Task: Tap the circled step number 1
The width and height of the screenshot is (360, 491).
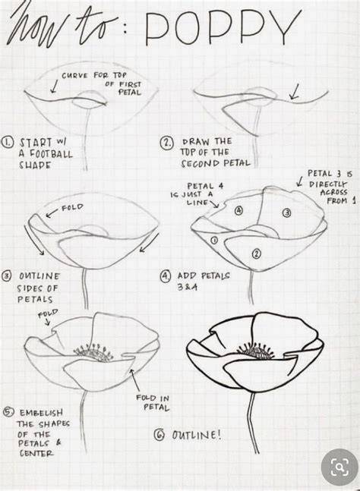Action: pyautogui.click(x=8, y=143)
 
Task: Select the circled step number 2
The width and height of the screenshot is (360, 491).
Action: pyautogui.click(x=166, y=143)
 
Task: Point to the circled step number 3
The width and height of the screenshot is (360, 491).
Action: pyautogui.click(x=7, y=276)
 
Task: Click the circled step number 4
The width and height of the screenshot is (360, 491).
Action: pyautogui.click(x=166, y=276)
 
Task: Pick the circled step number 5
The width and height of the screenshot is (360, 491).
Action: pyautogui.click(x=8, y=412)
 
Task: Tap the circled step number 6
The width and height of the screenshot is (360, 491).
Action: pyautogui.click(x=159, y=435)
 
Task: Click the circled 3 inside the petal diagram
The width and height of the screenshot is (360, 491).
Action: pyautogui.click(x=287, y=213)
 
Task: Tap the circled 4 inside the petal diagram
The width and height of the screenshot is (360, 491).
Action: pyautogui.click(x=238, y=210)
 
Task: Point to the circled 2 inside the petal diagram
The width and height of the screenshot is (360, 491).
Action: pyautogui.click(x=256, y=253)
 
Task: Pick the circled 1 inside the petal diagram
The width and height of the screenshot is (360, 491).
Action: pyautogui.click(x=214, y=240)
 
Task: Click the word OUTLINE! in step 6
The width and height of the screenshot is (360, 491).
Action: pyautogui.click(x=197, y=435)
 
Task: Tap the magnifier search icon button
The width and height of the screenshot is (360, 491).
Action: pyautogui.click(x=339, y=467)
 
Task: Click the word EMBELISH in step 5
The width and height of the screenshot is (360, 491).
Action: pyautogui.click(x=41, y=413)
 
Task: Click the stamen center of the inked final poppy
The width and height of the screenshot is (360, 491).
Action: pyautogui.click(x=255, y=351)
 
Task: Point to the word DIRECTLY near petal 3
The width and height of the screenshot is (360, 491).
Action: pyautogui.click(x=328, y=184)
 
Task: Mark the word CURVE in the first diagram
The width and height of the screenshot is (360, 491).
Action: pyautogui.click(x=75, y=76)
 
